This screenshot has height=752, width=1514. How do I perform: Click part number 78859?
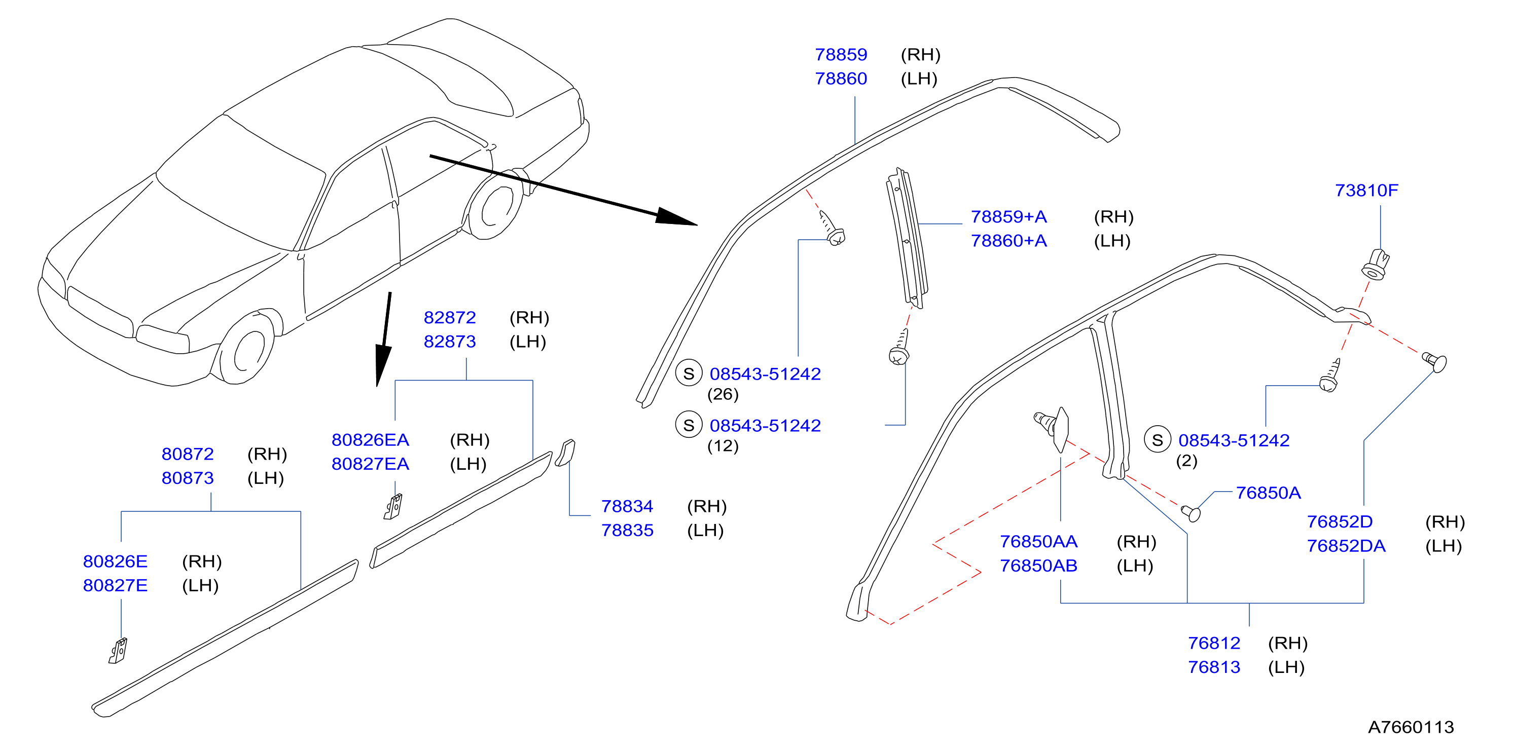pyautogui.click(x=841, y=55)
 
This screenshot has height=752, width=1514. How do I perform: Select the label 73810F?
pyautogui.click(x=1366, y=191)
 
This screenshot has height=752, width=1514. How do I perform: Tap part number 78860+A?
pyautogui.click(x=1008, y=241)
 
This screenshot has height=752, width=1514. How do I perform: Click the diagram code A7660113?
pyautogui.click(x=1411, y=727)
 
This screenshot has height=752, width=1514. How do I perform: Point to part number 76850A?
pyautogui.click(x=1268, y=493)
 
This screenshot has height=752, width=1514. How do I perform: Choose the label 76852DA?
pyautogui.click(x=1346, y=546)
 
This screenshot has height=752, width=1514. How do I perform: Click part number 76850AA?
pyautogui.click(x=1038, y=542)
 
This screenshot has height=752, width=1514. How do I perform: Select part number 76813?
pyautogui.click(x=1214, y=667)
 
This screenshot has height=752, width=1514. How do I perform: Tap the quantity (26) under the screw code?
pyautogui.click(x=723, y=394)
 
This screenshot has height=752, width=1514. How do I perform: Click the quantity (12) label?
pyautogui.click(x=723, y=446)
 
